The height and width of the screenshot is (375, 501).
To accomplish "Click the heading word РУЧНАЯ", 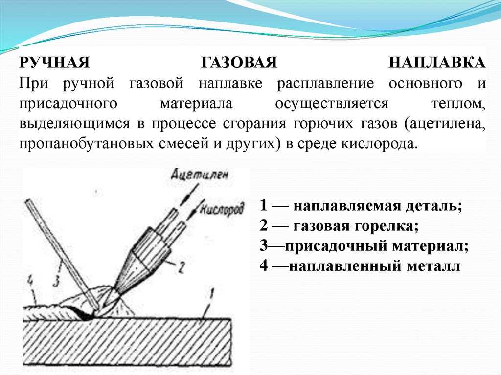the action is (x=54, y=63).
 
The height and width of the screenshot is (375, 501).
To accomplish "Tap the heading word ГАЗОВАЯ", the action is (x=239, y=63).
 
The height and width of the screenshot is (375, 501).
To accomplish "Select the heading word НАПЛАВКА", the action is (x=437, y=63).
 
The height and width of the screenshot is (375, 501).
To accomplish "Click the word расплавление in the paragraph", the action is (x=325, y=84).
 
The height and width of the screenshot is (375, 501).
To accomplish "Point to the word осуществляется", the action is (x=332, y=104).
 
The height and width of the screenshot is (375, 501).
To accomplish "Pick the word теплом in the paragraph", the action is (x=458, y=104).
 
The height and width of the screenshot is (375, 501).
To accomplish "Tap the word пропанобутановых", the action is (x=87, y=144).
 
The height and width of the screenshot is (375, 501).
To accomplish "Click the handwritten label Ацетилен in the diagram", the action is (x=200, y=175).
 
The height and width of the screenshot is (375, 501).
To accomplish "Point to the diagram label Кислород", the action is (x=222, y=209).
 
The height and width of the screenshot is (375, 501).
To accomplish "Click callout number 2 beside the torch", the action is (x=181, y=267).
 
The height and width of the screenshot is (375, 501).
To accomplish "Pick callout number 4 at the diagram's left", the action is (x=30, y=281).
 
